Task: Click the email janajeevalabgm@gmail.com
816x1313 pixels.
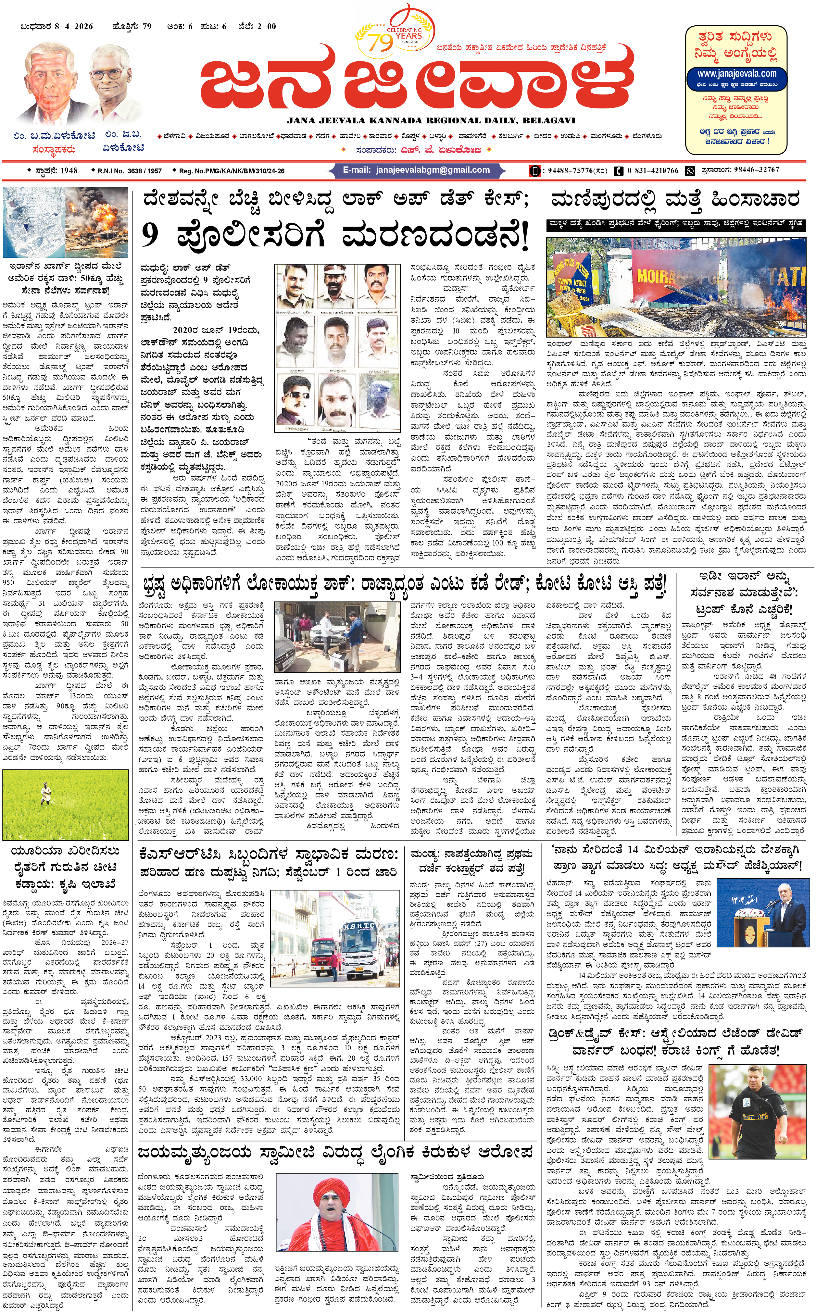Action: (x=417, y=170)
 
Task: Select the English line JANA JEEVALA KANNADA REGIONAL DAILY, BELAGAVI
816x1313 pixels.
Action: (x=430, y=121)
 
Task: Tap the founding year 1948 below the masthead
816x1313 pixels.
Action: (x=69, y=170)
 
